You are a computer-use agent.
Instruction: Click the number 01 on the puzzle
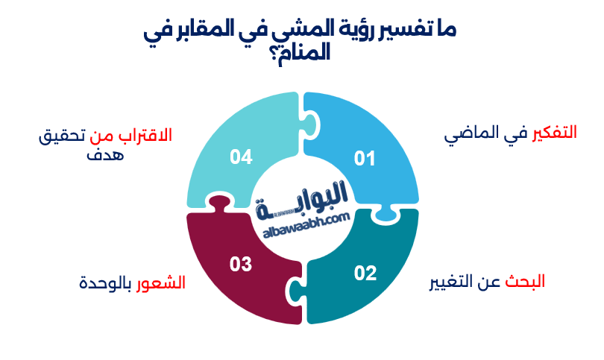pyautogui.click(x=365, y=158)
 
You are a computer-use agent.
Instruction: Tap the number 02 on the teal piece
pyautogui.click(x=365, y=274)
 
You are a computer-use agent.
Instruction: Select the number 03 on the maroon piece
pyautogui.click(x=241, y=264)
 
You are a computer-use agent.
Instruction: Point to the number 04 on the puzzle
pyautogui.click(x=241, y=157)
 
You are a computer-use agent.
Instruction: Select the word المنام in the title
pyautogui.click(x=307, y=54)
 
